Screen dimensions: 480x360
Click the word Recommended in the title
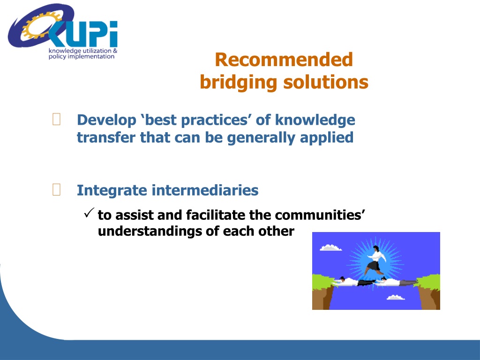284,60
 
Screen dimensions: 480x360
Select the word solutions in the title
326,82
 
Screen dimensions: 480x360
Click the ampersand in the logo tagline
115,51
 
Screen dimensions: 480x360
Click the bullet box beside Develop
57,120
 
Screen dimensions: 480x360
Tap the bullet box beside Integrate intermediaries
57,189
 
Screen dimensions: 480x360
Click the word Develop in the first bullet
106,120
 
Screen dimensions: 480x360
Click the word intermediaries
205,190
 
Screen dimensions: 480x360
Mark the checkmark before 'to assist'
89,213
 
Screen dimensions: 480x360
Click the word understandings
150,232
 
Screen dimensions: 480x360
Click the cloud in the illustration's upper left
330,247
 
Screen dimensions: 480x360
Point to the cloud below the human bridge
396,297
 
